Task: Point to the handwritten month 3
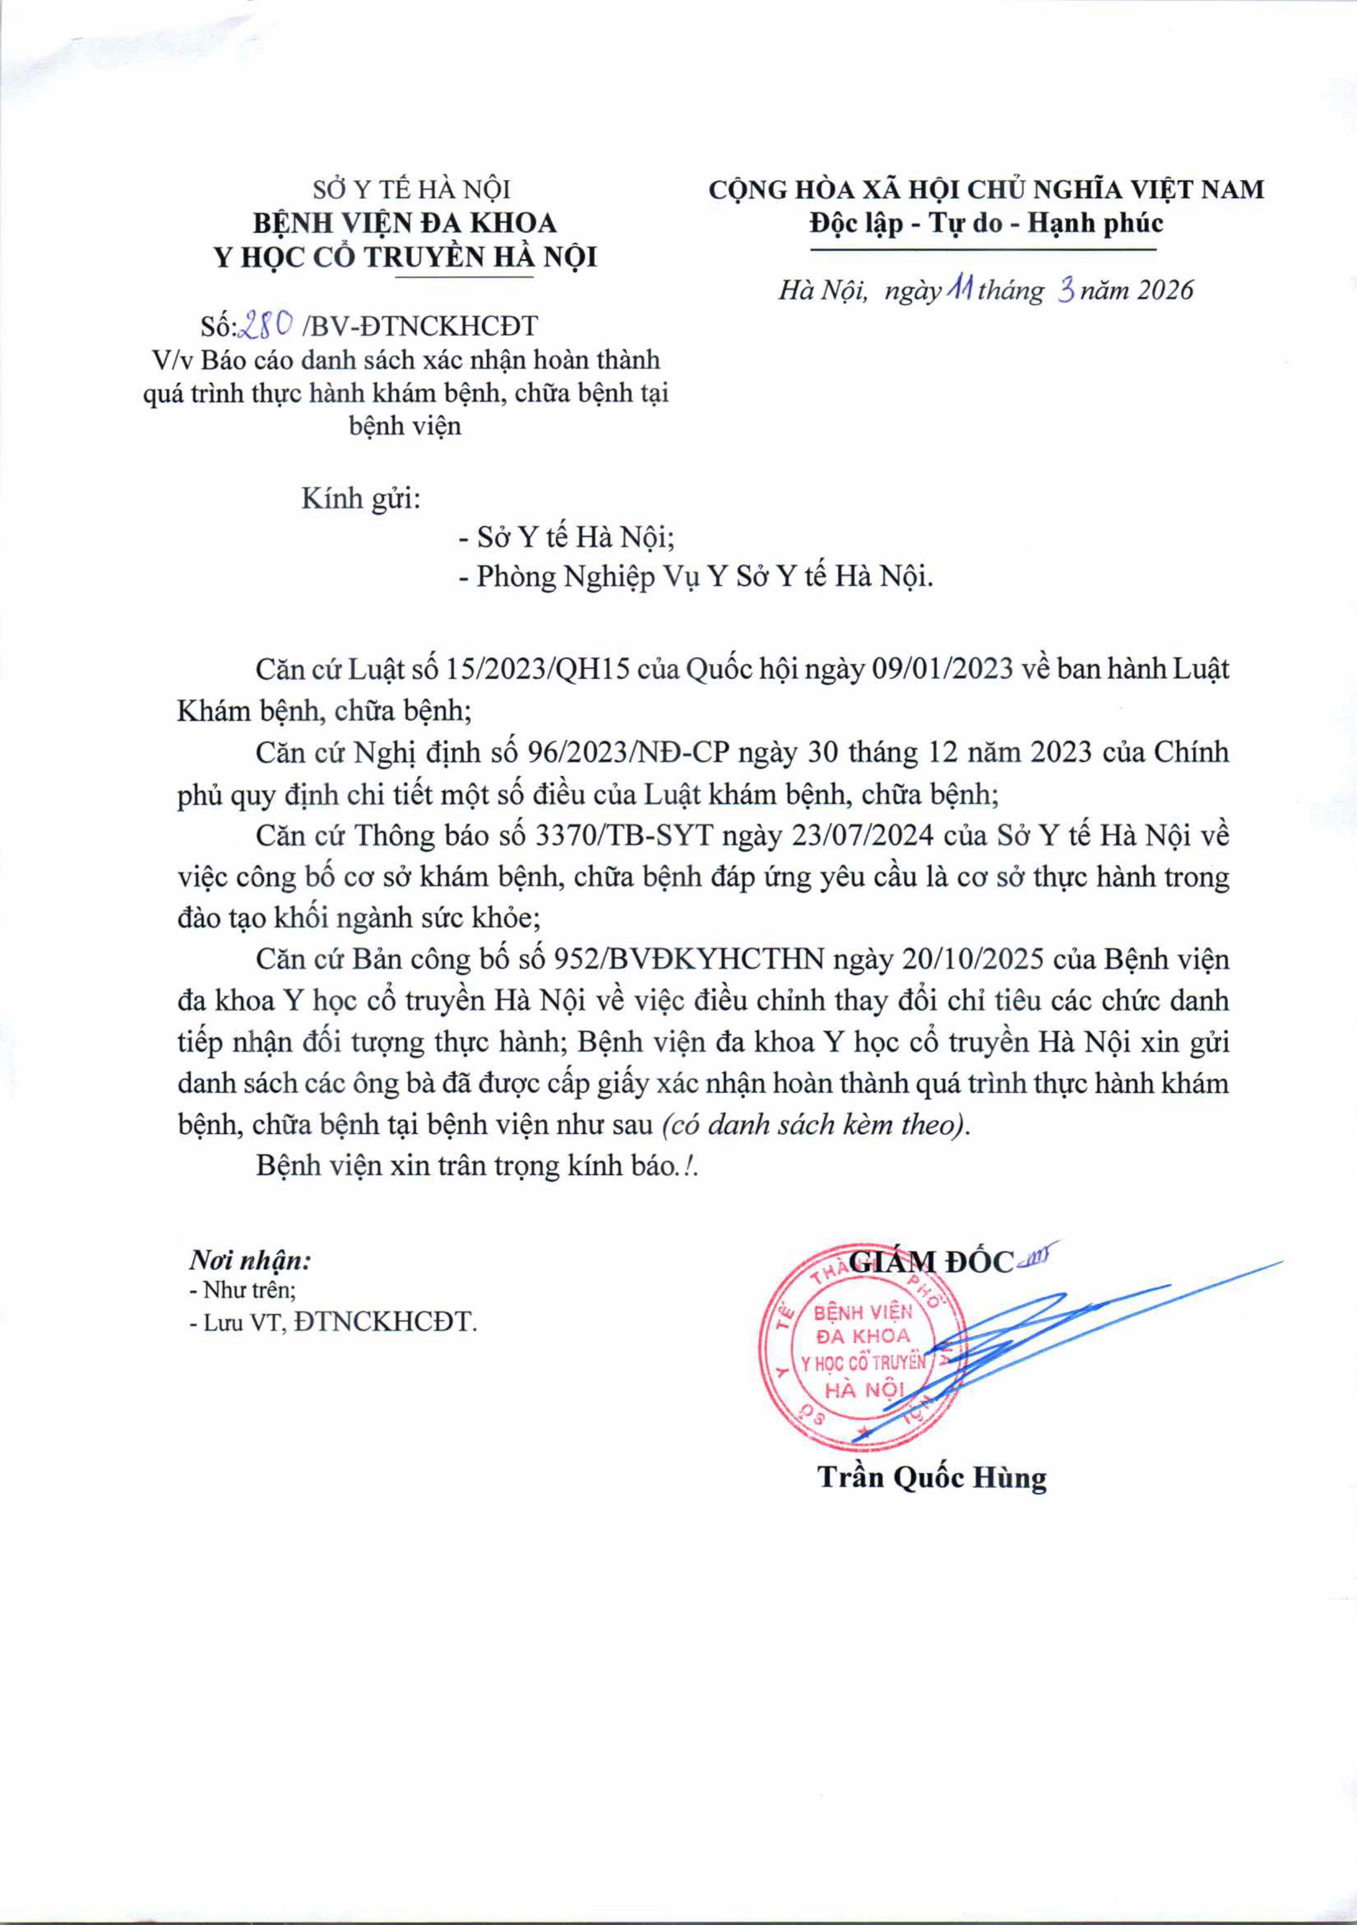[x=1066, y=290]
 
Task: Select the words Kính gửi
[x=360, y=500]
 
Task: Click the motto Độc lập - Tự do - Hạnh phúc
[x=986, y=224]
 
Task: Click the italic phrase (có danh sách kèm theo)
[x=815, y=1124]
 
